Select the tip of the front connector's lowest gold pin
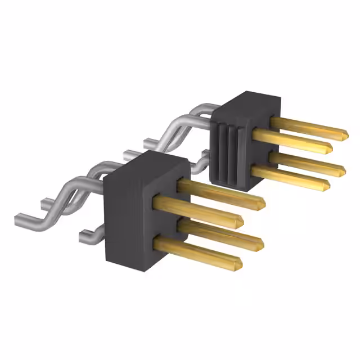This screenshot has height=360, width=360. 240,263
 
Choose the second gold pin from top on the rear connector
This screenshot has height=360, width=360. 292,141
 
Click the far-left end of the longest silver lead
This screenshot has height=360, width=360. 16,215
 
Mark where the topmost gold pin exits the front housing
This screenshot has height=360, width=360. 182,184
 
